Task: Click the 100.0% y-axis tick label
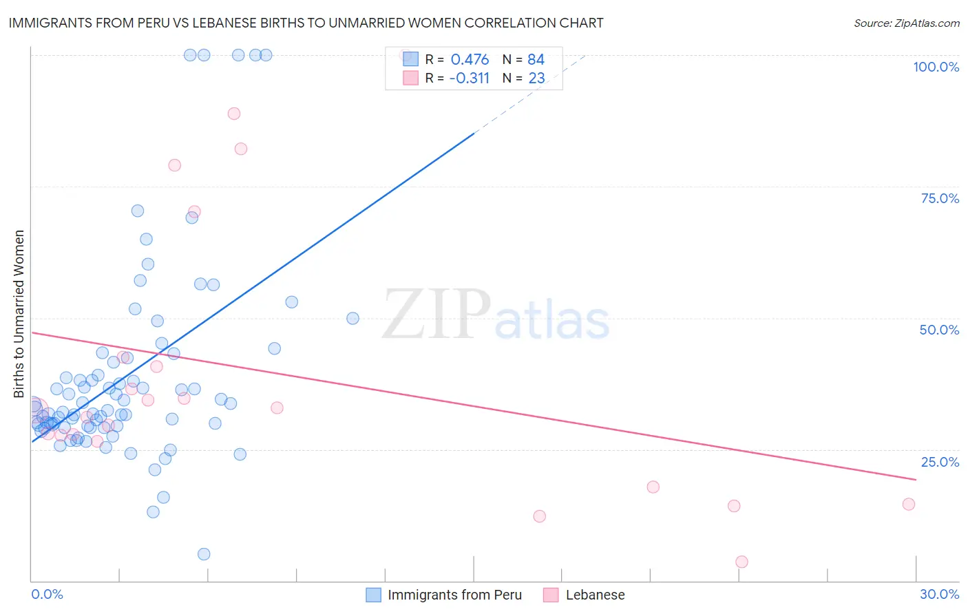pyautogui.click(x=936, y=67)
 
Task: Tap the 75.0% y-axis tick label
pyautogui.click(x=940, y=198)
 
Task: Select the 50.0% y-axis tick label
pyautogui.click(x=939, y=330)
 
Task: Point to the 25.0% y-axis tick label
pyautogui.click(x=940, y=462)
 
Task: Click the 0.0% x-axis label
pyautogui.click(x=47, y=594)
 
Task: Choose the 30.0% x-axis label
pyautogui.click(x=939, y=594)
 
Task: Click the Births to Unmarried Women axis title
pyautogui.click(x=19, y=314)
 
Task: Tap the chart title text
pyautogui.click(x=306, y=23)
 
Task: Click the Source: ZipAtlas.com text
pyautogui.click(x=906, y=23)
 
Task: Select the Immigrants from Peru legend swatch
pyautogui.click(x=373, y=595)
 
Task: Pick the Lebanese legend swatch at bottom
pyautogui.click(x=551, y=595)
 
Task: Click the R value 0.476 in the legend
pyautogui.click(x=470, y=60)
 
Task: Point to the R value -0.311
pyautogui.click(x=469, y=78)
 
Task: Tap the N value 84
pyautogui.click(x=536, y=60)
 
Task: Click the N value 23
pyautogui.click(x=536, y=78)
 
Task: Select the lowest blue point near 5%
pyautogui.click(x=204, y=554)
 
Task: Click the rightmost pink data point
pyautogui.click(x=909, y=504)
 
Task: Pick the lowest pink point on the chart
pyautogui.click(x=741, y=562)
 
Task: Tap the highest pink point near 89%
pyautogui.click(x=234, y=114)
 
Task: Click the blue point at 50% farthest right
pyautogui.click(x=353, y=318)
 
